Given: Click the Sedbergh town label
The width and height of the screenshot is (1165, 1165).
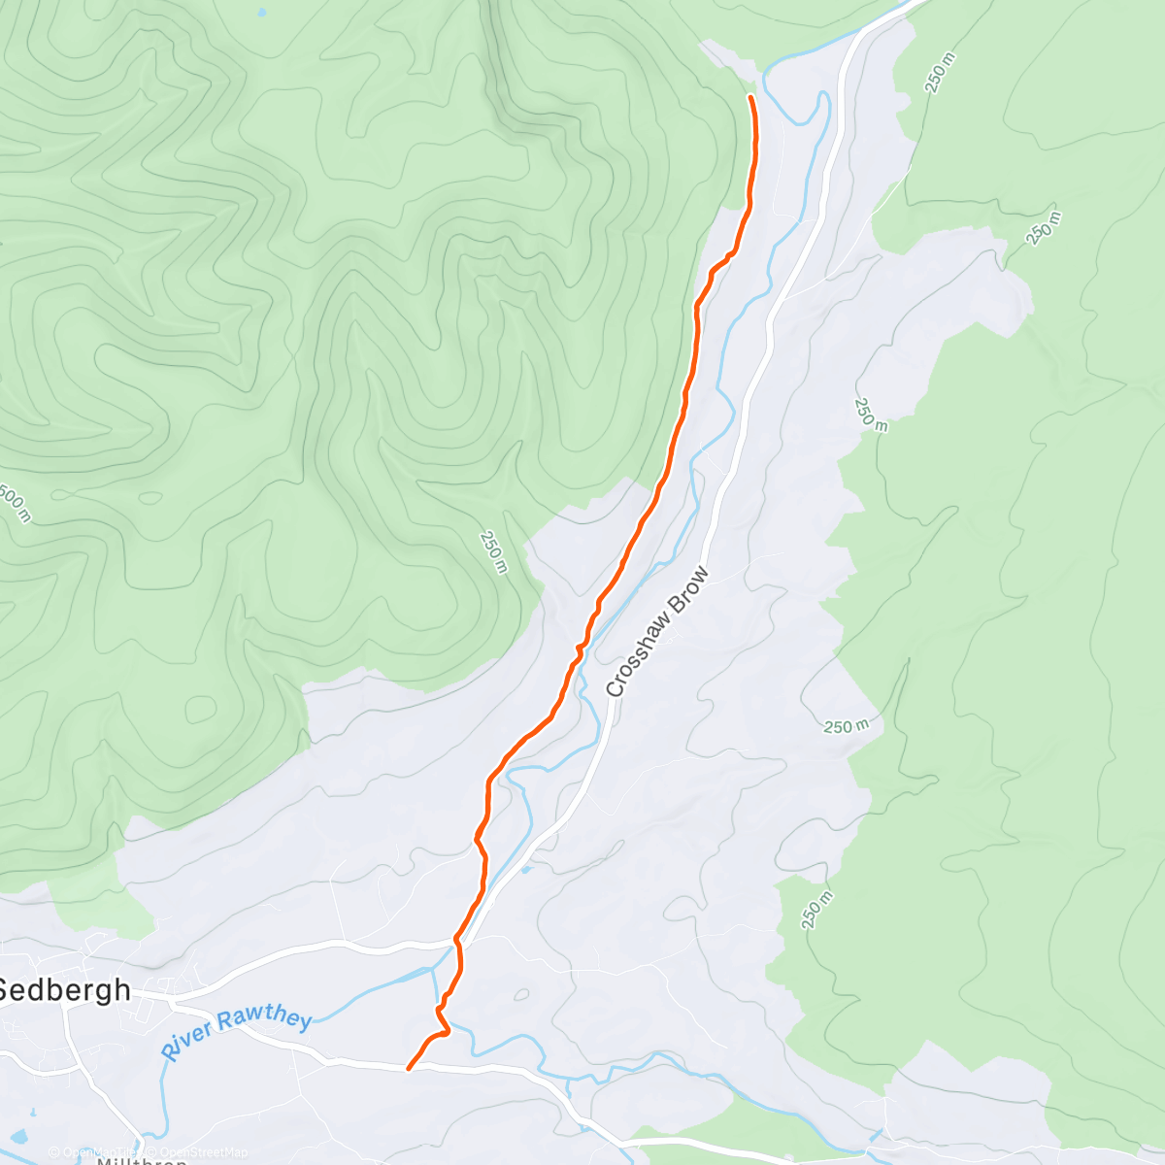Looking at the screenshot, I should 64,990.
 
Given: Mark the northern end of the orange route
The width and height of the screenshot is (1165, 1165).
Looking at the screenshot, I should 750,97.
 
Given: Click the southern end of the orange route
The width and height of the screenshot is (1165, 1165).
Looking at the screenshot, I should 407,1069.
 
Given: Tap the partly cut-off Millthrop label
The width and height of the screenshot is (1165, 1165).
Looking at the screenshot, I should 142,1160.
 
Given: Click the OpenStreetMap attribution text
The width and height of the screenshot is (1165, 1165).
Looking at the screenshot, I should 203,1152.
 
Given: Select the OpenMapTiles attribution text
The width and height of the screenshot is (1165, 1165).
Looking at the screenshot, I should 91,1152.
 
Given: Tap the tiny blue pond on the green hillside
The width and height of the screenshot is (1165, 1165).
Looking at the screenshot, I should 260,14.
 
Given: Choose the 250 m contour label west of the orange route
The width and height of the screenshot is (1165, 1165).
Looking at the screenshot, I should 493,550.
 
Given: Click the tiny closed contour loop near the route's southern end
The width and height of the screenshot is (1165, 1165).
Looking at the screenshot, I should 522,994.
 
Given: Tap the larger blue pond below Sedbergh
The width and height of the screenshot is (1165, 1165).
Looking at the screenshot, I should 19,1136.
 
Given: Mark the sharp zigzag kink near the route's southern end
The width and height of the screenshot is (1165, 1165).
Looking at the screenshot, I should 443,1019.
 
